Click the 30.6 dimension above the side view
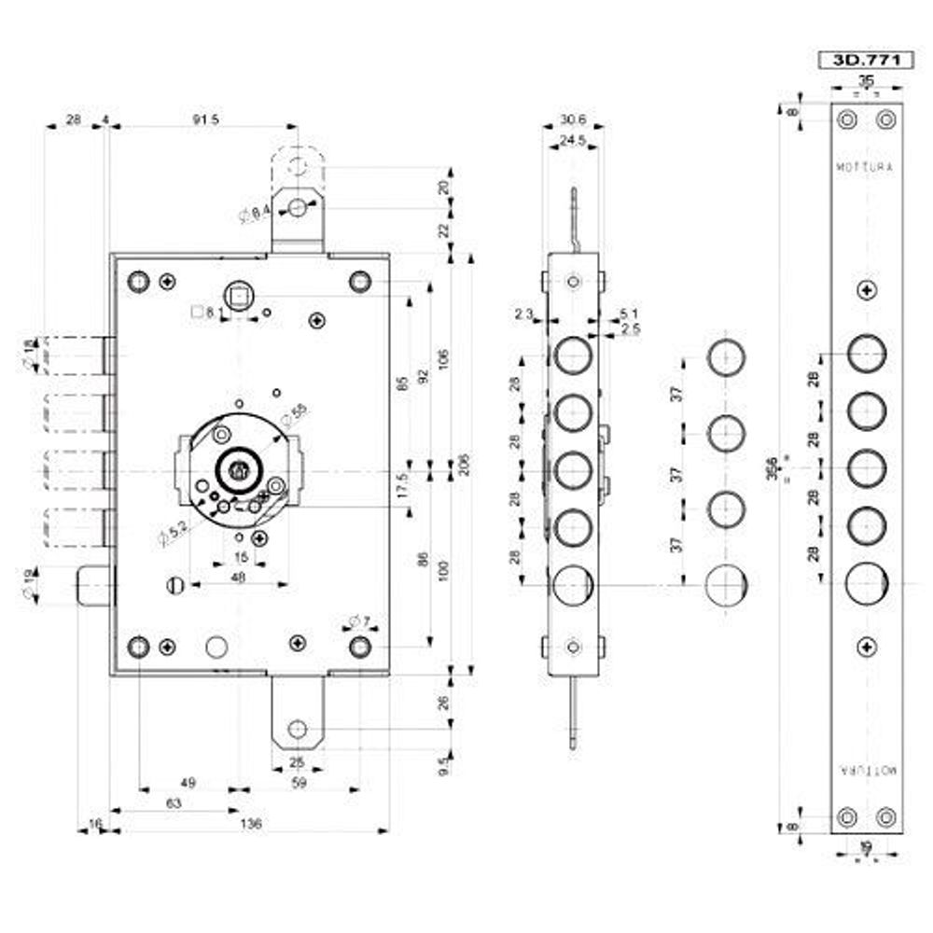[573, 119]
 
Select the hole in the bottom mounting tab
[298, 728]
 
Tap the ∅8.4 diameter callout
[255, 215]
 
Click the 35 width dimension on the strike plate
[867, 81]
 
